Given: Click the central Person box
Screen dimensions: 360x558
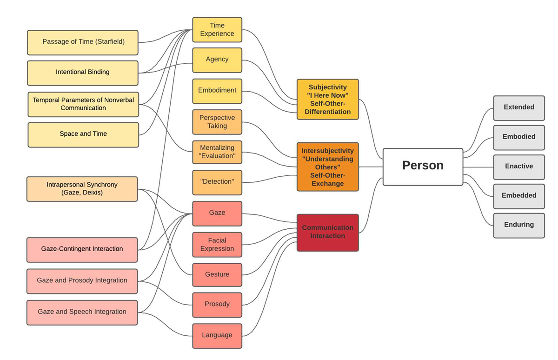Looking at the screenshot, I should tap(422, 167).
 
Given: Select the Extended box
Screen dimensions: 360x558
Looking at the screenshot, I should tap(518, 107).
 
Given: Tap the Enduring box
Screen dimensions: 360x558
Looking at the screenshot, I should tap(518, 225).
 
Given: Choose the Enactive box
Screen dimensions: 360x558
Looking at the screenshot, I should tap(518, 166).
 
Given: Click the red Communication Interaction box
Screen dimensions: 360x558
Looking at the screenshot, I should tap(327, 232).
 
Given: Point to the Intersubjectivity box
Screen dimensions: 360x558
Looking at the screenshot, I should tap(327, 167).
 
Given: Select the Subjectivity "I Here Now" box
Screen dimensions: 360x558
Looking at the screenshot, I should tap(327, 99).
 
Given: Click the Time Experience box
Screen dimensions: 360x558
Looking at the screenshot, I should tap(217, 30).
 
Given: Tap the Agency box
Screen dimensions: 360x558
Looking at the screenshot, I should tap(217, 60).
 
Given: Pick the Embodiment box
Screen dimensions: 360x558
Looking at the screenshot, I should tap(217, 91).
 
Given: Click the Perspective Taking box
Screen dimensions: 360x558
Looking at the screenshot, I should tap(217, 122).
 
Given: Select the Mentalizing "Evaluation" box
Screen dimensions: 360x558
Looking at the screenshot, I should tap(217, 152).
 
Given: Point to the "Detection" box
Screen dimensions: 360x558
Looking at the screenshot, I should tap(217, 182).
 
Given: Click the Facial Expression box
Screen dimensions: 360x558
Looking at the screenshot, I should tap(217, 245).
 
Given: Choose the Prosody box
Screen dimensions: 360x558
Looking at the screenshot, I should tap(217, 304).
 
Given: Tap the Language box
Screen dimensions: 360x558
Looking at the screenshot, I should tap(217, 335).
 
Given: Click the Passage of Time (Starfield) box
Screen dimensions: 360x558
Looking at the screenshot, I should tap(83, 42).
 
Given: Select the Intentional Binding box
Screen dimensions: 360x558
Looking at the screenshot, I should tap(83, 73).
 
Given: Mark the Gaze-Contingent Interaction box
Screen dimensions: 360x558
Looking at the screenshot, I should tap(82, 249).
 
